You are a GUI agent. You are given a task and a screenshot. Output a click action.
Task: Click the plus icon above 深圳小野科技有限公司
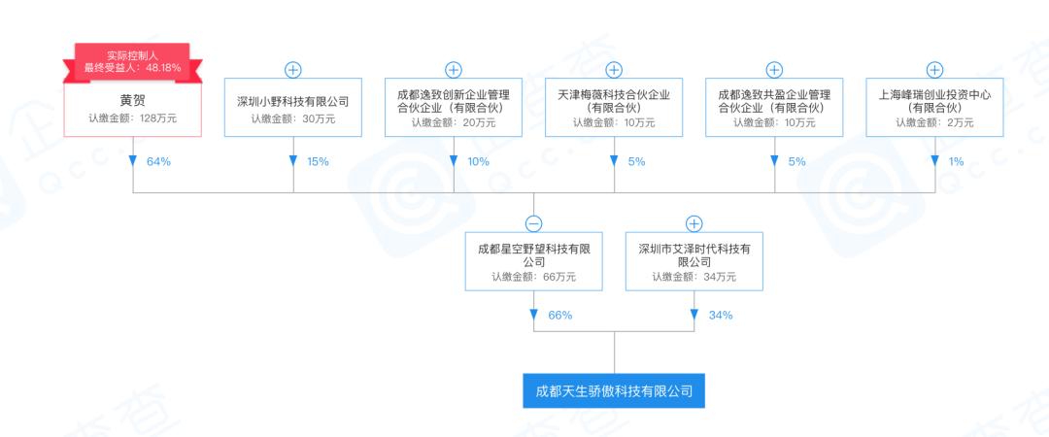(x=292, y=70)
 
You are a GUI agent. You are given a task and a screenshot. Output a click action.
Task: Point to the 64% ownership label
(x=158, y=161)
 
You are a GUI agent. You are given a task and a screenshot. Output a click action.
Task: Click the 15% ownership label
(x=318, y=161)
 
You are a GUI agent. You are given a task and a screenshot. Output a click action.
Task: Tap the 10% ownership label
(x=478, y=161)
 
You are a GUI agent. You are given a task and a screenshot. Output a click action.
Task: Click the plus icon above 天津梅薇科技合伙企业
(x=613, y=70)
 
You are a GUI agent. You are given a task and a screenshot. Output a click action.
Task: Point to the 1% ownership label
(x=956, y=161)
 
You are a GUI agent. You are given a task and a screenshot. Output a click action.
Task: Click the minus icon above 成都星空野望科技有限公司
(x=533, y=223)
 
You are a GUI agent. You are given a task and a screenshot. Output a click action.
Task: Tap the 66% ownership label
(x=559, y=316)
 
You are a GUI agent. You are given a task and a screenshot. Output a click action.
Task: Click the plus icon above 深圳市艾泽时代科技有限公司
(x=694, y=223)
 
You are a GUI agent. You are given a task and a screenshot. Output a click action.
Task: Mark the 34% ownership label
(x=720, y=316)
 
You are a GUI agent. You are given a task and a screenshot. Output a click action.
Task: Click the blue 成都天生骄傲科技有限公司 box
(x=614, y=391)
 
